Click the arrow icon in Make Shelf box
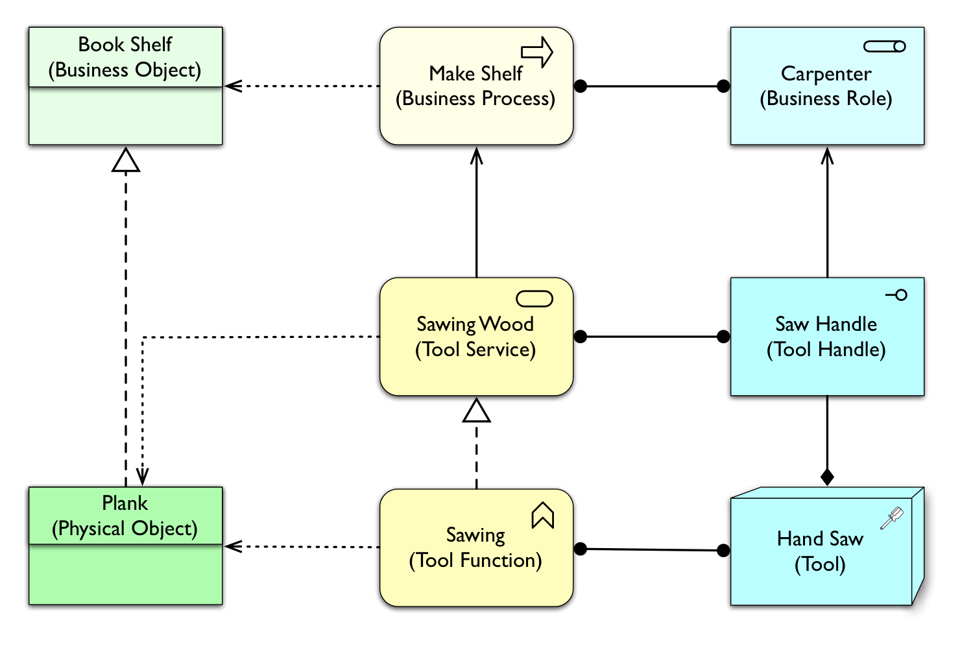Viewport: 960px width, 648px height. pyautogui.click(x=537, y=52)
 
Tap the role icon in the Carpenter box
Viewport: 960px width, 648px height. pyautogui.click(x=885, y=47)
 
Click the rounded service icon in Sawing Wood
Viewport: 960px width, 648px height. pyautogui.click(x=534, y=299)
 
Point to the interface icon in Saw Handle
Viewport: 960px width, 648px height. pyautogui.click(x=896, y=295)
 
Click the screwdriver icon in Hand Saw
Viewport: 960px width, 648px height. pyautogui.click(x=892, y=518)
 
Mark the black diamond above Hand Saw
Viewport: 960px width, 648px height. pyautogui.click(x=827, y=477)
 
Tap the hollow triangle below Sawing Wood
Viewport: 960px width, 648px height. pyautogui.click(x=477, y=411)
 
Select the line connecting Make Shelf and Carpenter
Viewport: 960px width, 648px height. pyautogui.click(x=652, y=86)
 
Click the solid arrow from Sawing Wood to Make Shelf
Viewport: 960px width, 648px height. pyautogui.click(x=477, y=214)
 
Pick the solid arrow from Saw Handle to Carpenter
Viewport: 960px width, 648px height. pyautogui.click(x=827, y=214)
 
